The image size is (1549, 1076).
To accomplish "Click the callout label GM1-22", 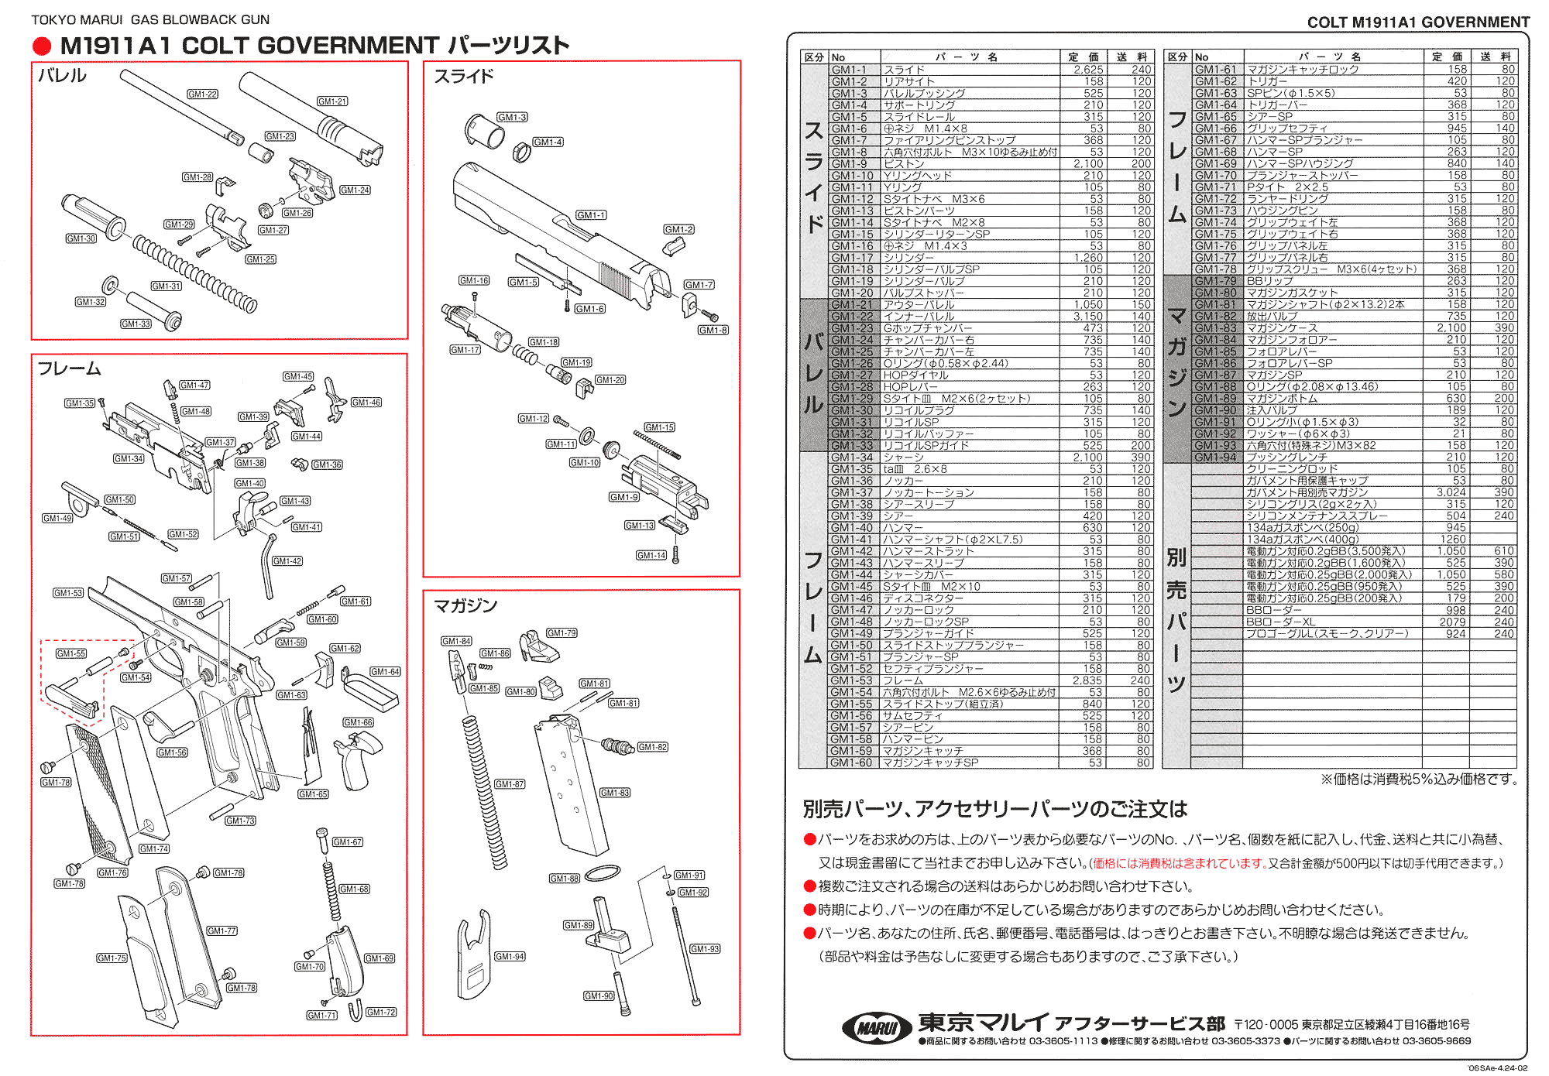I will pos(203,94).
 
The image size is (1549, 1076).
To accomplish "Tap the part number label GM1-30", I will pos(81,238).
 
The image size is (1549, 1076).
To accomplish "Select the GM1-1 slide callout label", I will pos(591,215).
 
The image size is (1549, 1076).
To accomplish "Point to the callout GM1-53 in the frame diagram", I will pos(68,593).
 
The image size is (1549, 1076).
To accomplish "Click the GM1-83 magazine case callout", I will pos(615,793).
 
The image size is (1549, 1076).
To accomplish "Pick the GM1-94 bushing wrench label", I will pos(510,957).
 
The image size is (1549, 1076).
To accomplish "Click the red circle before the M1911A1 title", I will pos(42,46).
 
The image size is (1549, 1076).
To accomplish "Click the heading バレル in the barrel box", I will pos(62,76).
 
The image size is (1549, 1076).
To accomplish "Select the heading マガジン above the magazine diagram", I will pos(465,605).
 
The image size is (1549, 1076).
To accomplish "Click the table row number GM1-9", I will pos(849,164).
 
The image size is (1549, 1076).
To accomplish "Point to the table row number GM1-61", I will pos(1216,70).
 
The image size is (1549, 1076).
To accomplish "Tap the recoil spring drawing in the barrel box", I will pos(194,274).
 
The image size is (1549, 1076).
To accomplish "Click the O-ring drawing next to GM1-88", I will pos(603,873).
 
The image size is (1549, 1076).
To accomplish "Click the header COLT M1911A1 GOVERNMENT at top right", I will pos(1418,22).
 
